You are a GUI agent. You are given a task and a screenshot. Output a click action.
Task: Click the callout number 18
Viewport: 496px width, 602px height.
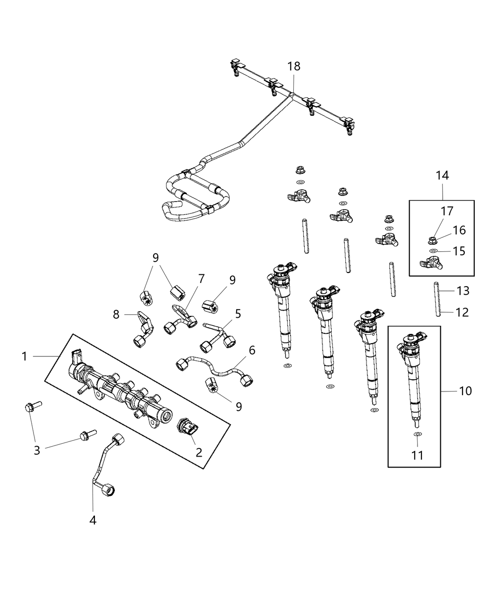point(294,66)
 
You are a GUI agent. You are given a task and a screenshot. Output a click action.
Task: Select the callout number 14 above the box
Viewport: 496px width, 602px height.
point(442,176)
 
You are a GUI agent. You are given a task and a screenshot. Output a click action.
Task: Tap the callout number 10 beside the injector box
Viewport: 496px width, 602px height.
point(465,391)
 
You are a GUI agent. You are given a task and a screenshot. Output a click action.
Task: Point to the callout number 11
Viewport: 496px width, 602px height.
point(417,455)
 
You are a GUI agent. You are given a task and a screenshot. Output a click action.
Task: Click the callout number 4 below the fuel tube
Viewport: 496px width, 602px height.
point(93,520)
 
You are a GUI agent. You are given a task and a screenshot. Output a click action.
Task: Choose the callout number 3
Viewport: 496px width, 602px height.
point(37,450)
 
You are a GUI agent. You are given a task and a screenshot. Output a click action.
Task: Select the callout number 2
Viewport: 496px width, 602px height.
point(199,452)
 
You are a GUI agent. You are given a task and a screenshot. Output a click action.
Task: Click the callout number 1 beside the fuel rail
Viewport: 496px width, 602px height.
point(25,356)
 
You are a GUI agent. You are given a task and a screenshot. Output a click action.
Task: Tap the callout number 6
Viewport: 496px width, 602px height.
point(252,350)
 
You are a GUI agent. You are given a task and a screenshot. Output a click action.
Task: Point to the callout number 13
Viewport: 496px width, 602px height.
point(463,290)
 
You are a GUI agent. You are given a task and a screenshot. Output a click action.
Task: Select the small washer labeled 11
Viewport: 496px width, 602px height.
point(417,434)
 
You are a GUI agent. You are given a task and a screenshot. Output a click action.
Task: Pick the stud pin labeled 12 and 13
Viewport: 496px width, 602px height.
point(437,300)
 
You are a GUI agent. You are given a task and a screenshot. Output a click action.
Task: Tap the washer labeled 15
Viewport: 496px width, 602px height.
point(433,250)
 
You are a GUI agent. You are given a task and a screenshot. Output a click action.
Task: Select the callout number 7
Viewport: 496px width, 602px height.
point(201,279)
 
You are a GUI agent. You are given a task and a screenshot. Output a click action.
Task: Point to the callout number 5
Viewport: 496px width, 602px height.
point(238,313)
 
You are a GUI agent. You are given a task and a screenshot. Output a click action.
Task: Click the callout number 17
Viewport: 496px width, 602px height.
point(447,211)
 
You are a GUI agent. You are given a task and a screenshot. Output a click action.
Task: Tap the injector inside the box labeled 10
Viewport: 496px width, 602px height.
point(412,373)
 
